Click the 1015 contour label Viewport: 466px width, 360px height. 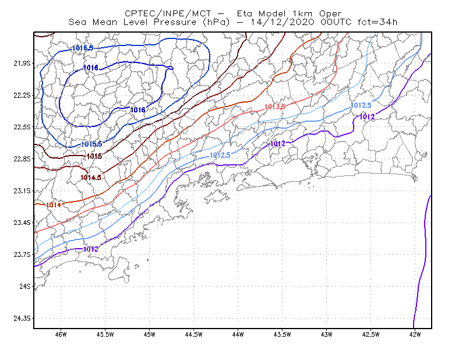[94, 156]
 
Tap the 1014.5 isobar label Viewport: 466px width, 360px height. [91, 178]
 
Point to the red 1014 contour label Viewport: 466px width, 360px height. [54, 205]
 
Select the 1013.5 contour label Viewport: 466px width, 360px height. [275, 107]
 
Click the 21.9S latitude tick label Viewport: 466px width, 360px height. [22, 63]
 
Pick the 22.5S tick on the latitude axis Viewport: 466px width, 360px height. [22, 127]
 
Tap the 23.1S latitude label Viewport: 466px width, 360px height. [22, 190]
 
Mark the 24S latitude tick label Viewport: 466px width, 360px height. [25, 286]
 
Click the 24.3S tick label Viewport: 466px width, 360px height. [22, 319]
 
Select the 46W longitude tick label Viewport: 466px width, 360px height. [61, 334]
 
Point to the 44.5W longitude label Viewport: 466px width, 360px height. [193, 334]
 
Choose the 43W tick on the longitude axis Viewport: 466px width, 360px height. [326, 334]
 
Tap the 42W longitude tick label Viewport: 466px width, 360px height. [415, 334]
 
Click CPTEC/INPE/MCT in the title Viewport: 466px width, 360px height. [168, 13]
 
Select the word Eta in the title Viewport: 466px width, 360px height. [245, 13]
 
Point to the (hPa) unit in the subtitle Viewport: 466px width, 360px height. [216, 22]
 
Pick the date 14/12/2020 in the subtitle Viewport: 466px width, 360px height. [283, 22]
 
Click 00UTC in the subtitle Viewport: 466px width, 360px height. [336, 22]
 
